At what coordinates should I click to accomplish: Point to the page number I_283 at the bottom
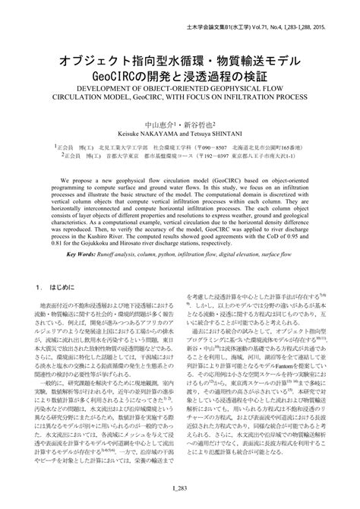point(180,494)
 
